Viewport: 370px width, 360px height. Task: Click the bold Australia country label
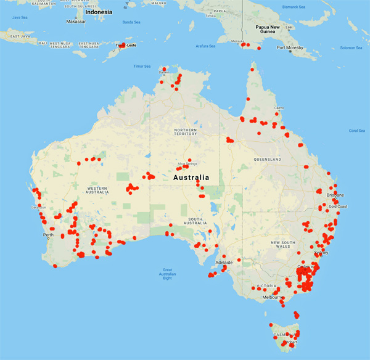coord(191,178)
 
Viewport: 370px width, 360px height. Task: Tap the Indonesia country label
coord(99,12)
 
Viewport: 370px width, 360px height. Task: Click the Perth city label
coord(47,235)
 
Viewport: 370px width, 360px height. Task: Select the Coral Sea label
coord(357,131)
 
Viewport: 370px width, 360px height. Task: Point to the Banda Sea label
coord(131,22)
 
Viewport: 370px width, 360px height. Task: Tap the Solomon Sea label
coord(351,47)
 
